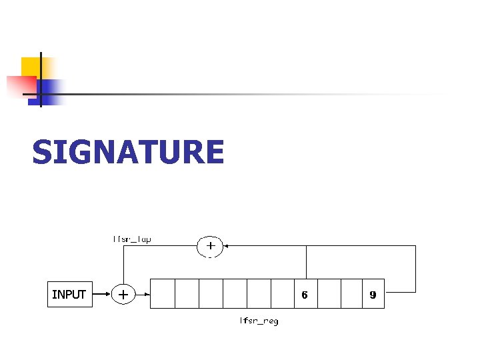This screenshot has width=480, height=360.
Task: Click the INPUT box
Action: pos(69,294)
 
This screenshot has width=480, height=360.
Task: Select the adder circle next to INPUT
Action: pos(123,293)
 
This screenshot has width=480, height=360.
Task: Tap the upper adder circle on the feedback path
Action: pos(210,245)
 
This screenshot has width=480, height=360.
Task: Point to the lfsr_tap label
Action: pos(131,239)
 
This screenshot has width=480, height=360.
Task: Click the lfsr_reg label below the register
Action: pos(259,321)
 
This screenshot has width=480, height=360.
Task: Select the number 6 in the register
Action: pos(305,294)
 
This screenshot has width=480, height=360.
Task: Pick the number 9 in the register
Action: pos(373,294)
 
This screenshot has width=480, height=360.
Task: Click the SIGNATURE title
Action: pos(128,152)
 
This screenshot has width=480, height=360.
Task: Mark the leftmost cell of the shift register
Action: pos(163,293)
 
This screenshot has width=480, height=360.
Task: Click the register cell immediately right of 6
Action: pos(329,293)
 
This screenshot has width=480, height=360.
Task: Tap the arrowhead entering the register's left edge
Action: pos(147,293)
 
